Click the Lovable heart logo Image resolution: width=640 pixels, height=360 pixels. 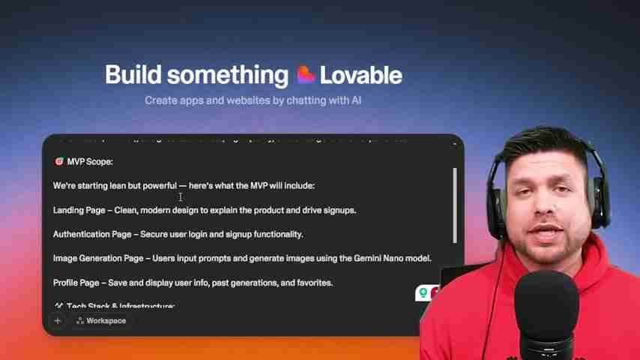(305, 74)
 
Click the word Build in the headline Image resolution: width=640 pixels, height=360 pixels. (133, 74)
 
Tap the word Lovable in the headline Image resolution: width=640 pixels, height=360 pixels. (360, 74)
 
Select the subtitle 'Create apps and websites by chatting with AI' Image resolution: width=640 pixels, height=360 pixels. (253, 99)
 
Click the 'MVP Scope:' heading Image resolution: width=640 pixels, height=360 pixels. (89, 161)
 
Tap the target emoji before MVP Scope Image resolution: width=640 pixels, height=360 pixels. (58, 161)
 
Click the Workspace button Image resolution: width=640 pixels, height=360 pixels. (100, 320)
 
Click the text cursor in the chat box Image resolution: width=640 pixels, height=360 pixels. (181, 196)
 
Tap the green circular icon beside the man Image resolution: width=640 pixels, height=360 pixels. (423, 292)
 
